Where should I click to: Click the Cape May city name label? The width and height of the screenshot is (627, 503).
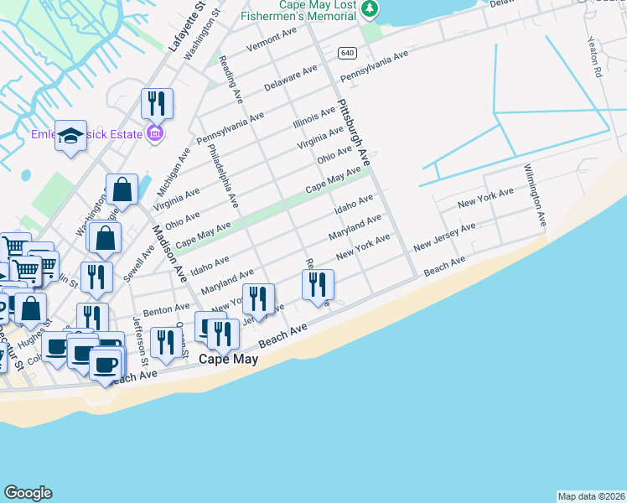coord(228,359)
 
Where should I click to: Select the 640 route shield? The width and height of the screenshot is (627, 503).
coord(348,53)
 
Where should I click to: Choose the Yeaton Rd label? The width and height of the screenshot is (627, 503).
coord(594,58)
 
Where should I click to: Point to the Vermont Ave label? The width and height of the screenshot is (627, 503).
coord(272,40)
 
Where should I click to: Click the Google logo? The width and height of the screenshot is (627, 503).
coord(28,493)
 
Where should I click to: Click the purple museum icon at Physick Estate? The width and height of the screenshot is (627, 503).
coord(155,132)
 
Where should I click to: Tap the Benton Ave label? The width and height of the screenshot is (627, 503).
coord(161,310)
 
